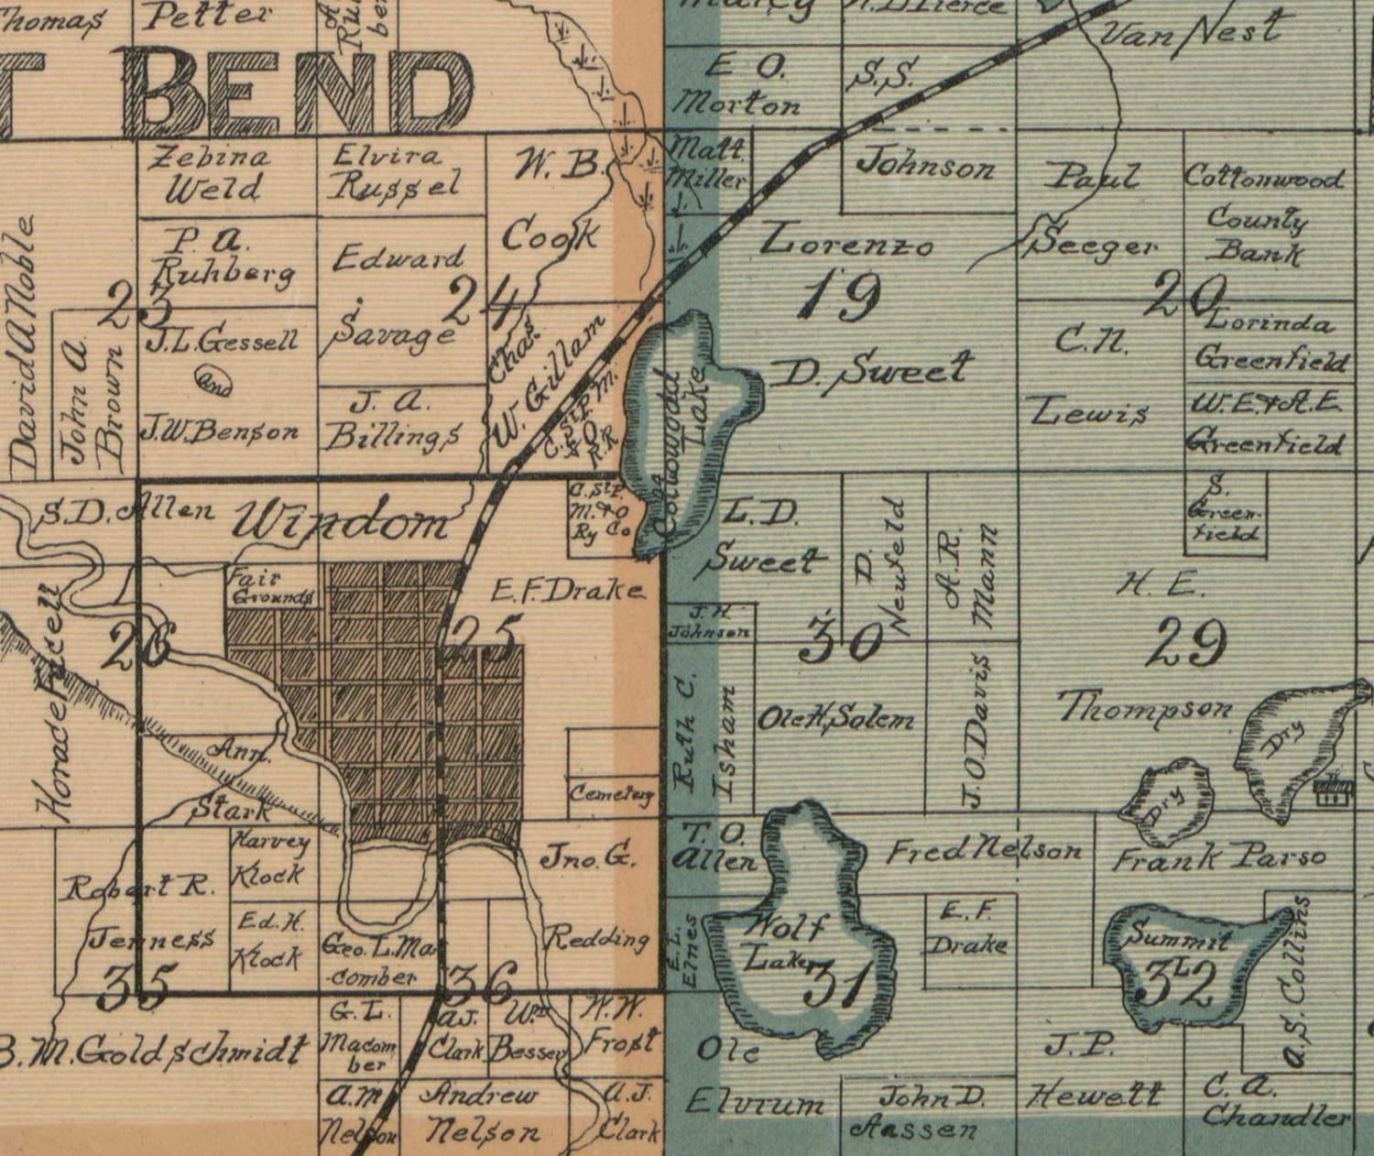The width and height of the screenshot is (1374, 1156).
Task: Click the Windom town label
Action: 342,523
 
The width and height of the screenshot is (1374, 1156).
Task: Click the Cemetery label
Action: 613,794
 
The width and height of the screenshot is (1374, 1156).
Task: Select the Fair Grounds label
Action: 271,587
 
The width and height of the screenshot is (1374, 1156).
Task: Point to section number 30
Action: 840,640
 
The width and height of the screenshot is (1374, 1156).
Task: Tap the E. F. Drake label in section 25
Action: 568,591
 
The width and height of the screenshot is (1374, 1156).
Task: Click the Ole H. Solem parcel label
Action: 835,720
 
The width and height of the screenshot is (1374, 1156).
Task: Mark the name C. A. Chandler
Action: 1273,1102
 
